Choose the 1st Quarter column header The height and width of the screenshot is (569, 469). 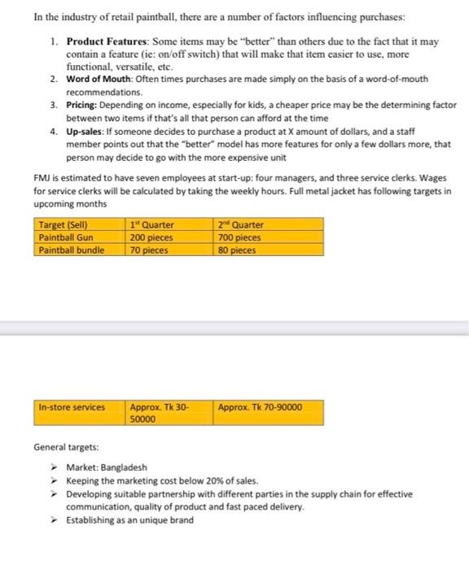(x=152, y=224)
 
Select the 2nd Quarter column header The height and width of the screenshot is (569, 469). (x=241, y=224)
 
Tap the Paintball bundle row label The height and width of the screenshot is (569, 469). (x=71, y=250)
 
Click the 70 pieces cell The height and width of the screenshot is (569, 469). (x=148, y=250)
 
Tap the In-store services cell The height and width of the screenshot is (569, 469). (x=72, y=406)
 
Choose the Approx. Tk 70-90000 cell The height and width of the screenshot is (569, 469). (x=260, y=406)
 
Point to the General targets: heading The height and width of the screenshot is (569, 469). (x=68, y=447)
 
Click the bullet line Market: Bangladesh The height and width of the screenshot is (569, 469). (x=107, y=468)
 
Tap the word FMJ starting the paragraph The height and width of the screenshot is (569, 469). (x=42, y=176)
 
